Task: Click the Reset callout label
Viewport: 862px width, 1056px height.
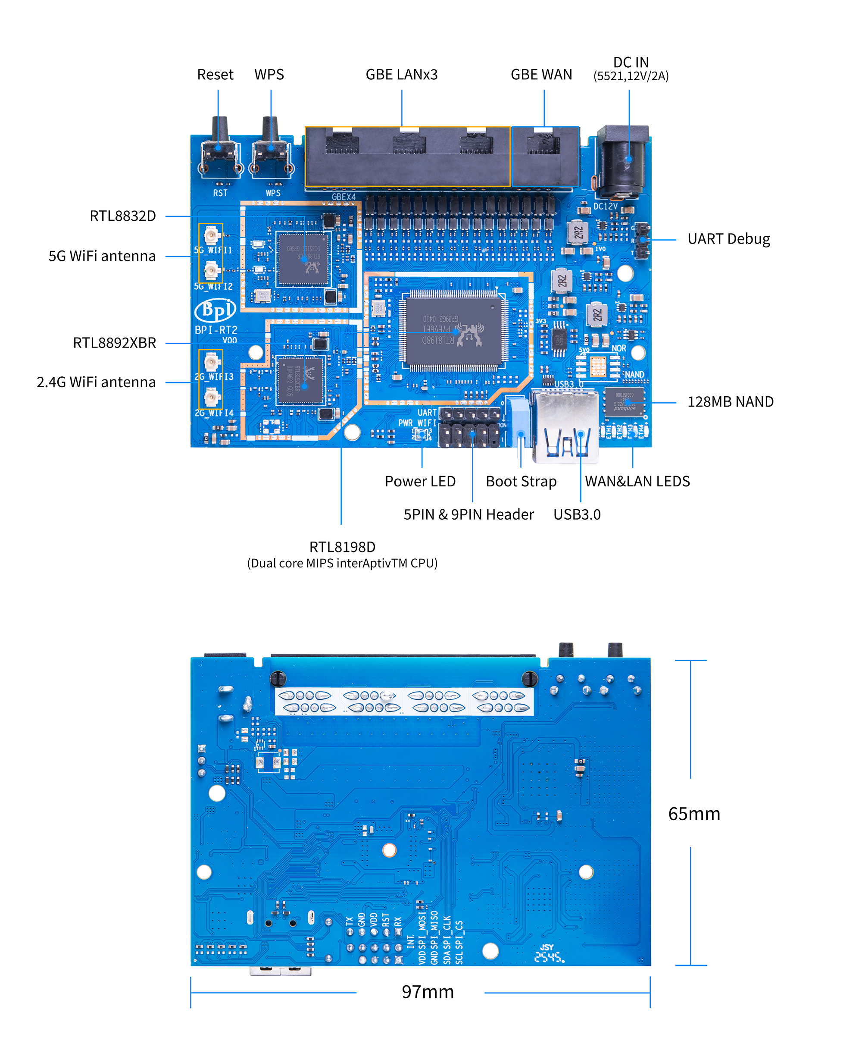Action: [215, 75]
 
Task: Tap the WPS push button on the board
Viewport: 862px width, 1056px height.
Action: [271, 151]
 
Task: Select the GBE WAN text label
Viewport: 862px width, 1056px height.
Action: [541, 75]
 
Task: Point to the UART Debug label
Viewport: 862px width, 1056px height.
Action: [728, 239]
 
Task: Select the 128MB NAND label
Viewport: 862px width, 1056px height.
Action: [730, 401]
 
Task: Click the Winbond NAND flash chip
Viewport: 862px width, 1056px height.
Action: [624, 402]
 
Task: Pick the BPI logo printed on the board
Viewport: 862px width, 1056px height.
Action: [215, 310]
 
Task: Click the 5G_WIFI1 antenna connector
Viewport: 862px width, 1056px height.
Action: [212, 235]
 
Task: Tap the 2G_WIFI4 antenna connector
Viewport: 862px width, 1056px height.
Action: [212, 398]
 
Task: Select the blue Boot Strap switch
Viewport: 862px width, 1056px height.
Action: [518, 417]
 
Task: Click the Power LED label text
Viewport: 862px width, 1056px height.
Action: [420, 481]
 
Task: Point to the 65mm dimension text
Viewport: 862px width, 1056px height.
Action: [693, 814]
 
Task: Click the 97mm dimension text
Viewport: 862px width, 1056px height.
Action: [428, 991]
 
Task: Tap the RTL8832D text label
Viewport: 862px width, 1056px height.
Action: [123, 216]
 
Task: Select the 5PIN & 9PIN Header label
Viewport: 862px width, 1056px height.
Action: [468, 514]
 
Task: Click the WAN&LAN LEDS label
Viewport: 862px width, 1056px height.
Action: [637, 481]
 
